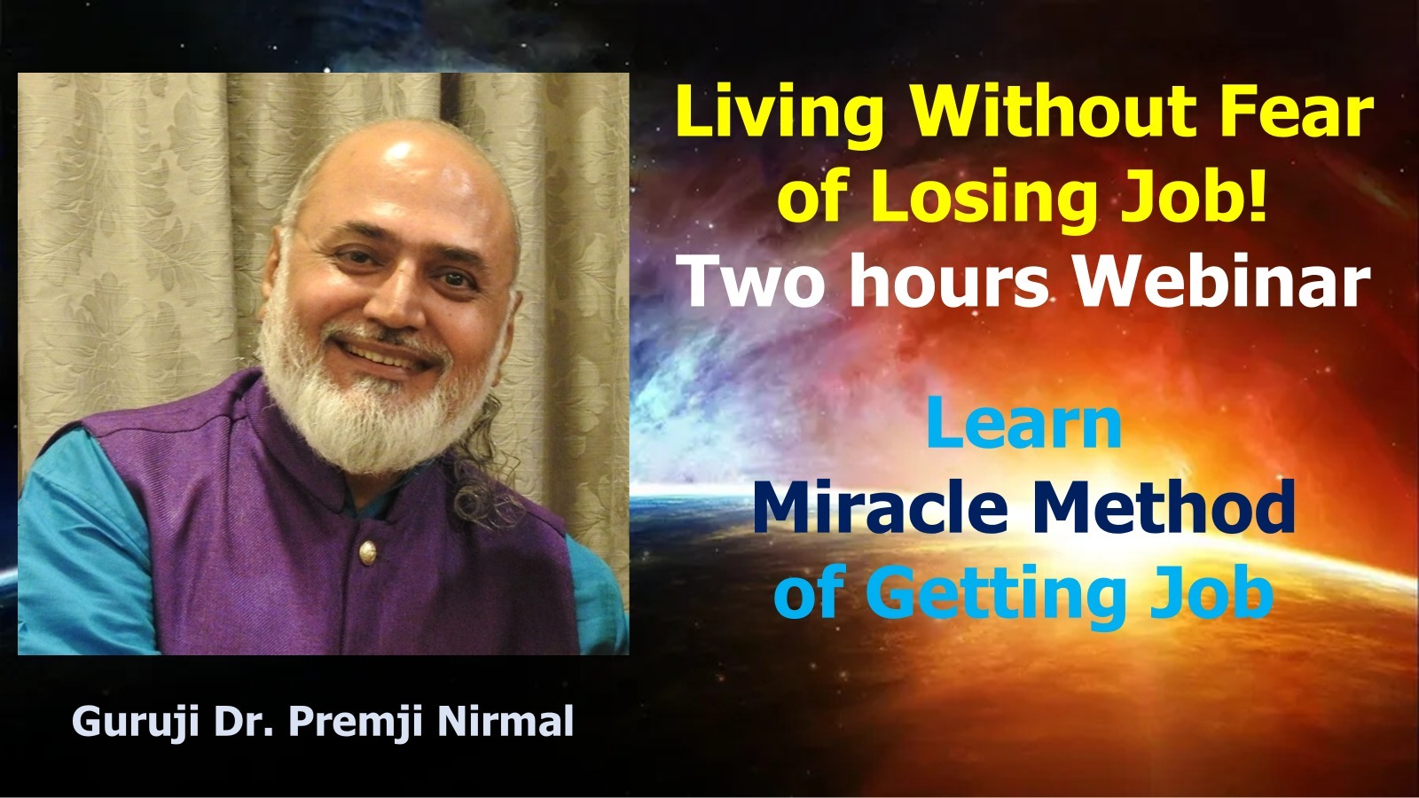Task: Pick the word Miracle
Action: pyautogui.click(x=880, y=506)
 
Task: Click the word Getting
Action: pyautogui.click(x=994, y=595)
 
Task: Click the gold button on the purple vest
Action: pyautogui.click(x=367, y=552)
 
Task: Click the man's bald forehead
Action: pyautogui.click(x=399, y=184)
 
